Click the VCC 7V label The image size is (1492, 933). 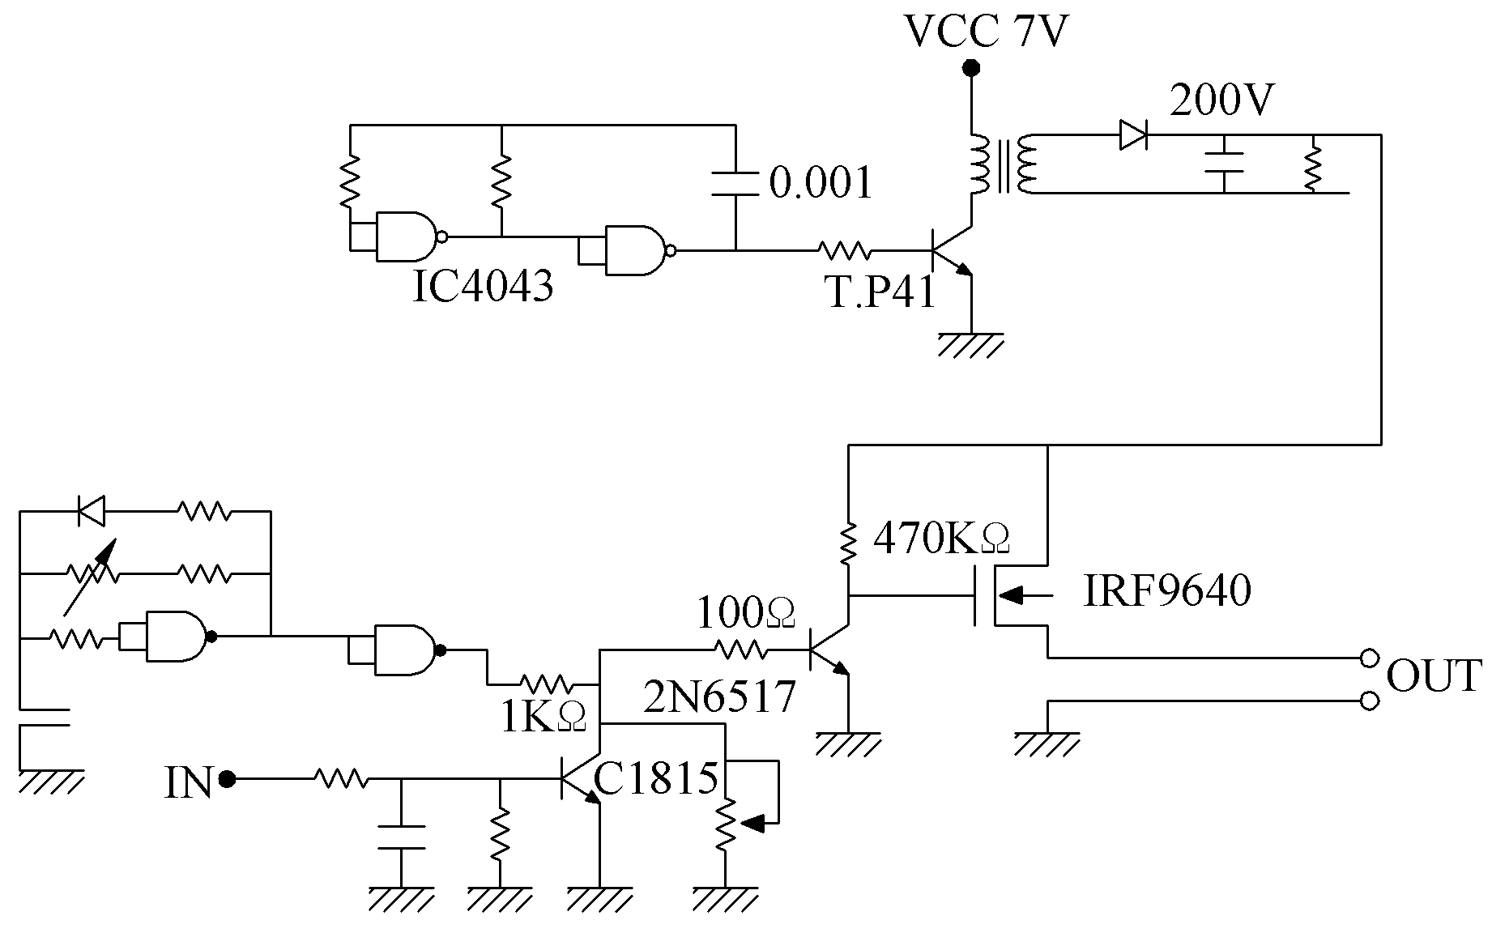[986, 31]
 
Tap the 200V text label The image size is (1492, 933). [1223, 100]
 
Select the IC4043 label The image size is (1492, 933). [483, 285]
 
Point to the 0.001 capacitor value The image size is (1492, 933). [821, 182]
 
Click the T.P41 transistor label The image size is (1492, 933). [881, 292]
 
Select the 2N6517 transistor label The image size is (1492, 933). [719, 697]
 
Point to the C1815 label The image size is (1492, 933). [656, 778]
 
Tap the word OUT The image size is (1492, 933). [1434, 676]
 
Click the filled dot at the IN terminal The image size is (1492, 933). [228, 779]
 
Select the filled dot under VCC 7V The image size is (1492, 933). [970, 68]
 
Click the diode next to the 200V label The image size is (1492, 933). [1133, 134]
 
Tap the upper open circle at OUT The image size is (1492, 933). [1369, 658]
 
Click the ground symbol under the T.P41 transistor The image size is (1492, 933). [970, 344]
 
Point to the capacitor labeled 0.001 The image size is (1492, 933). [735, 183]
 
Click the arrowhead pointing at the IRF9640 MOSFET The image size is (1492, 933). [1012, 596]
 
